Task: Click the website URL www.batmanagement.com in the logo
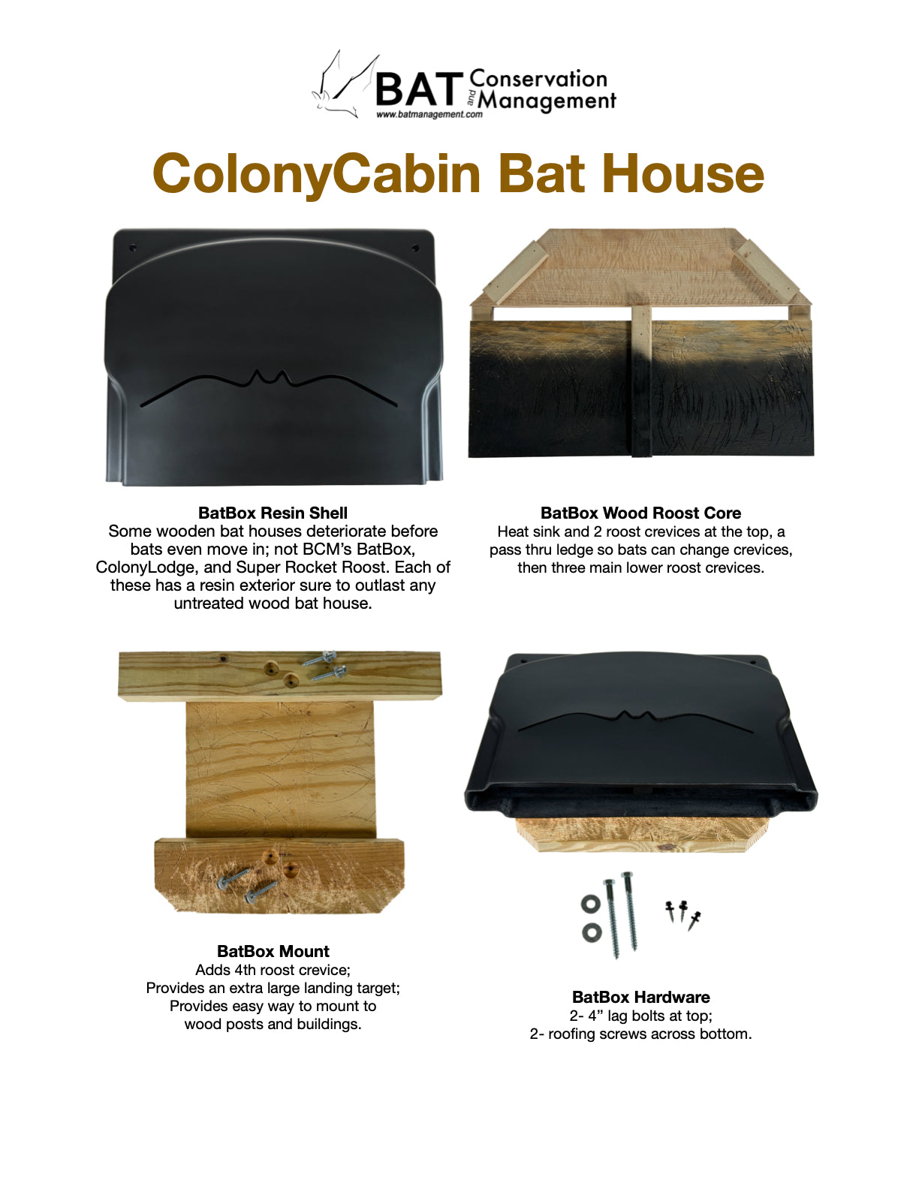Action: pyautogui.click(x=429, y=114)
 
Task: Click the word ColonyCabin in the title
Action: pyautogui.click(x=317, y=174)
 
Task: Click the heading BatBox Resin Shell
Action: pyautogui.click(x=273, y=513)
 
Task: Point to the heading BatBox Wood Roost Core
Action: pyautogui.click(x=640, y=513)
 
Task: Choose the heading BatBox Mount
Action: pyautogui.click(x=273, y=951)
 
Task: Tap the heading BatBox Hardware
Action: pyautogui.click(x=641, y=997)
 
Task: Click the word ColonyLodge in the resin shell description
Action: pyautogui.click(x=144, y=567)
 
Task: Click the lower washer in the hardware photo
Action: pyautogui.click(x=592, y=932)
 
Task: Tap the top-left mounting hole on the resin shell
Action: pyautogui.click(x=132, y=248)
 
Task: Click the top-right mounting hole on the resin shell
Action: pyautogui.click(x=415, y=248)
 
